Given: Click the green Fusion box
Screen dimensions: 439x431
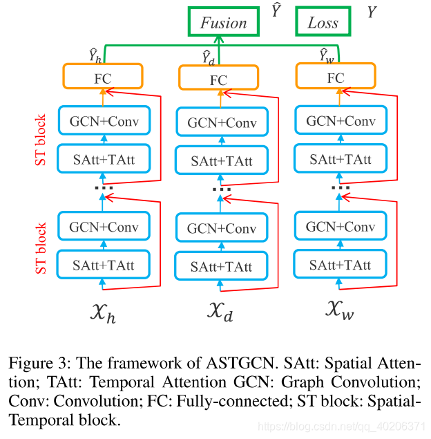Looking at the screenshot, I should (x=224, y=22).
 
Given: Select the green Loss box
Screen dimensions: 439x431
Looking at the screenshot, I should (x=323, y=22).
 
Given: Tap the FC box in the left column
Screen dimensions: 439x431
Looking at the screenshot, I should (x=102, y=78).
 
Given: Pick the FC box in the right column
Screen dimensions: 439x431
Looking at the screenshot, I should (x=336, y=77).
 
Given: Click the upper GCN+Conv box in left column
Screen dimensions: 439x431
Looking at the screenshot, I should (x=104, y=122).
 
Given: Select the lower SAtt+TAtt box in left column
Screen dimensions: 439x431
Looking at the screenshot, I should (x=104, y=265).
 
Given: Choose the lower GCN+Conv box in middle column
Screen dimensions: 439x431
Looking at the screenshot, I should (x=221, y=228).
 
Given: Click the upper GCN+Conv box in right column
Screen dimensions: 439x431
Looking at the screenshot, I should (x=341, y=121).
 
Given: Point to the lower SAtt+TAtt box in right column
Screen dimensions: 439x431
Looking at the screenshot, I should (x=340, y=265).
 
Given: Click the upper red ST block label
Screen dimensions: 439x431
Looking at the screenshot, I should (x=41, y=140).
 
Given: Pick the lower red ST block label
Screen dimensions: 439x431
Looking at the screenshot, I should (x=41, y=247).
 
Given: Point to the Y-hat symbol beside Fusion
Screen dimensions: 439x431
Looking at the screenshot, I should (x=276, y=11).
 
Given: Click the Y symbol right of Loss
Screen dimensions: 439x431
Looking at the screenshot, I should (x=371, y=12).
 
